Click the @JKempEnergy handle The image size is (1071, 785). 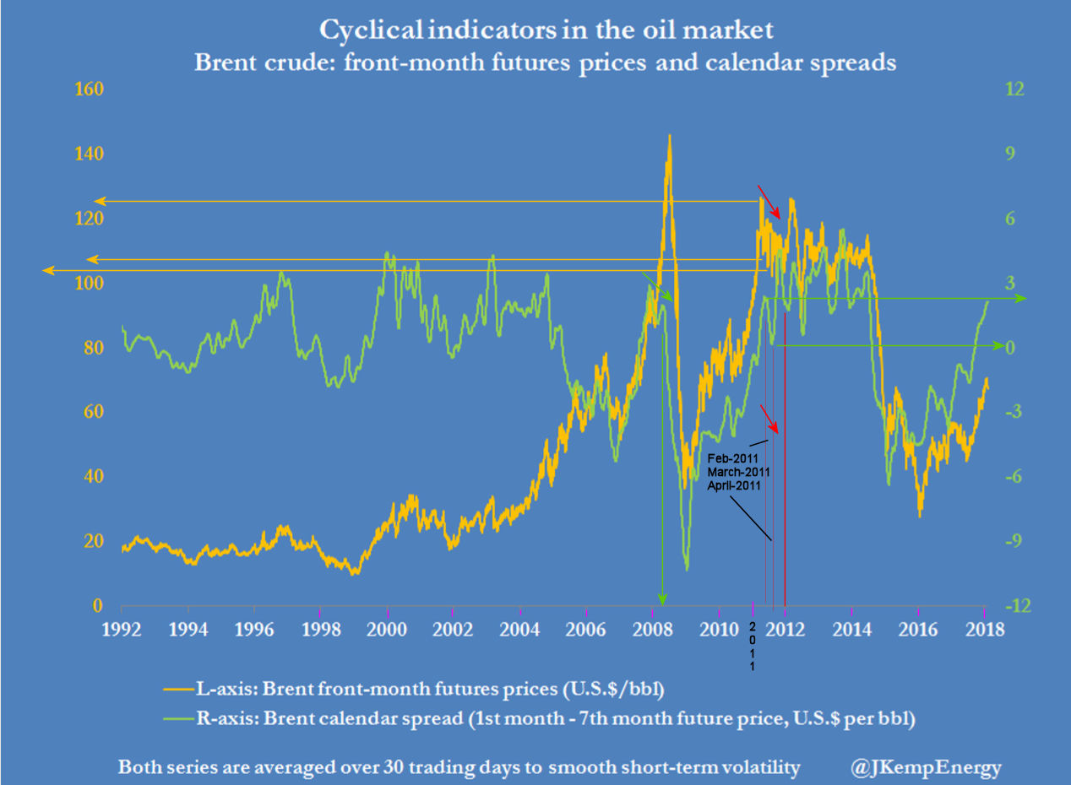[x=927, y=768]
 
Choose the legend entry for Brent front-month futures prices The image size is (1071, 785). [x=413, y=689]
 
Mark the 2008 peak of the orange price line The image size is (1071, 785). [x=669, y=136]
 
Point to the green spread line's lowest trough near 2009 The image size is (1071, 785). [x=686, y=569]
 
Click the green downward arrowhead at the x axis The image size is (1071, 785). [x=662, y=600]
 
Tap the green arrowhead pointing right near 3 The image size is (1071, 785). [x=1020, y=298]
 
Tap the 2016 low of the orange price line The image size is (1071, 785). [x=920, y=514]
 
